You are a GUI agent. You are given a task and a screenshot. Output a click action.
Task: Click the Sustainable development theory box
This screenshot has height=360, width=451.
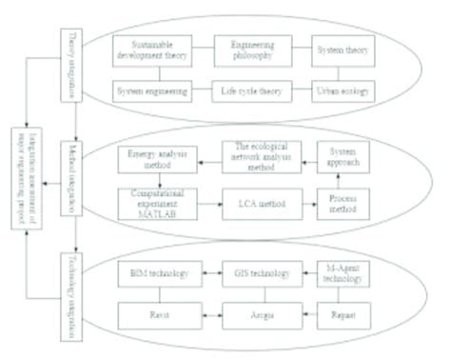coord(149,50)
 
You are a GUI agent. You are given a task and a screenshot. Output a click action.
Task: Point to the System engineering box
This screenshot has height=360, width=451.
coord(149,90)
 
